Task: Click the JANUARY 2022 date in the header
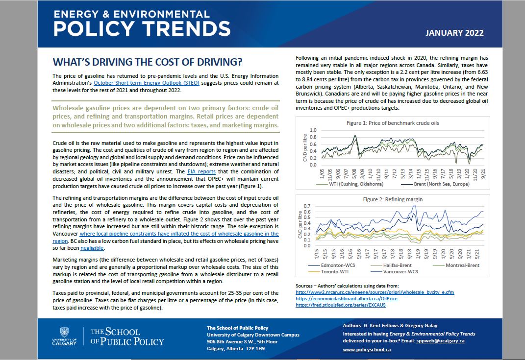click(x=454, y=33)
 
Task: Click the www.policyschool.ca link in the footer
click(x=367, y=350)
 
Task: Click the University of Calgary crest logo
click(x=65, y=333)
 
